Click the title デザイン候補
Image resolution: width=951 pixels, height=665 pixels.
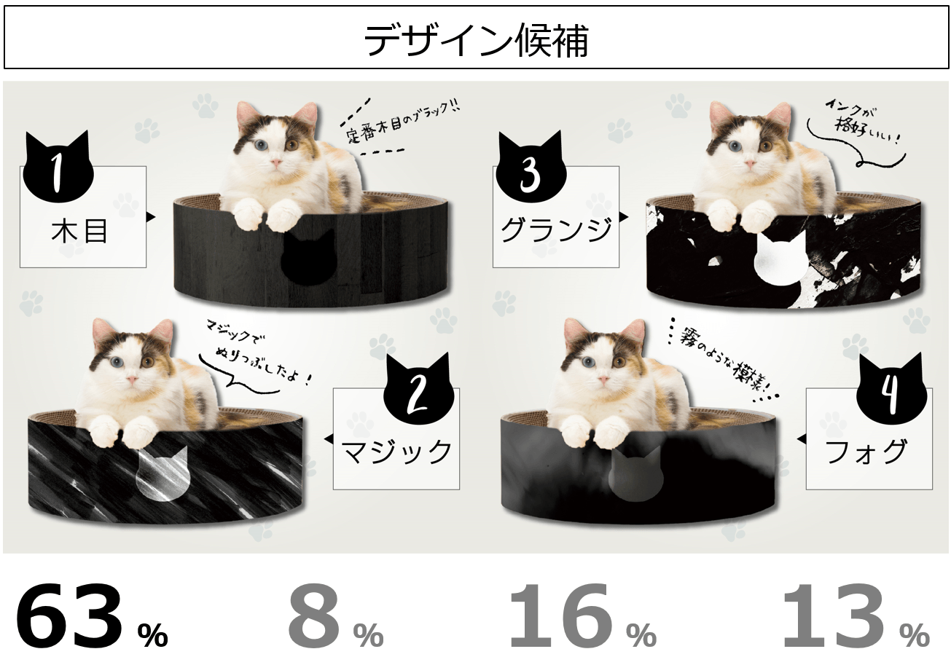click(x=475, y=39)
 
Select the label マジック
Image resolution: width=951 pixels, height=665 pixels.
click(x=397, y=451)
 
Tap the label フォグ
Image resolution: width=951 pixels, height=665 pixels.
click(x=866, y=451)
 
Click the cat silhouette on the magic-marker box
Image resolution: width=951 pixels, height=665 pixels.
click(x=161, y=473)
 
